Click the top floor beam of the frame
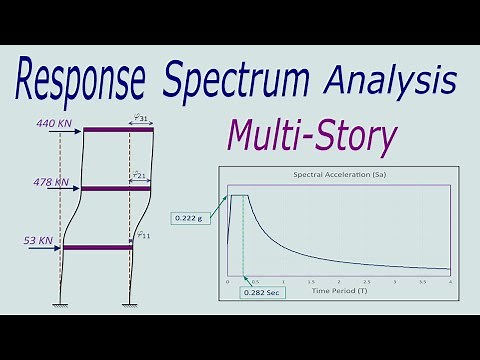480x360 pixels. pyautogui.click(x=117, y=129)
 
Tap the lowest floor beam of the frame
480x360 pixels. pyautogui.click(x=98, y=247)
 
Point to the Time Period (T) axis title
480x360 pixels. pyautogui.click(x=339, y=291)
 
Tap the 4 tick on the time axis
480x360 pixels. pyautogui.click(x=451, y=283)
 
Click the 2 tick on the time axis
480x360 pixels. pyautogui.click(x=339, y=283)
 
